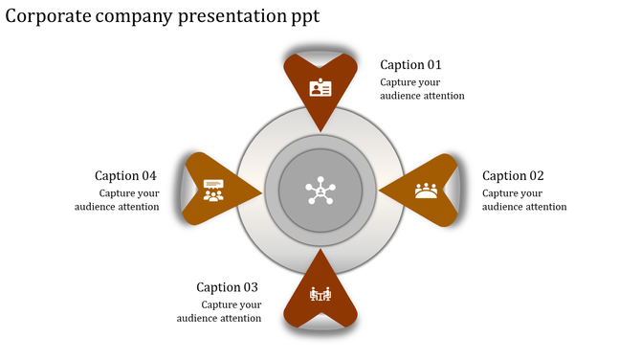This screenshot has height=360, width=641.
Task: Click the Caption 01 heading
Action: click(410, 65)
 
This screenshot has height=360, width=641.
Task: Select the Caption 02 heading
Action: click(513, 176)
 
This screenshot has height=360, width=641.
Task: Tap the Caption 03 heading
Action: click(227, 287)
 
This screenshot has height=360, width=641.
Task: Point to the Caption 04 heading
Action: click(125, 176)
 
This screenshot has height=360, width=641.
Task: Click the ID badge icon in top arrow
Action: click(320, 88)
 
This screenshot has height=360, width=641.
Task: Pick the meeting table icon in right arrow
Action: click(427, 191)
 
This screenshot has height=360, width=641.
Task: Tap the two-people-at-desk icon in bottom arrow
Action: click(320, 294)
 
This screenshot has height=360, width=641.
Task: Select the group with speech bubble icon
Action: click(213, 191)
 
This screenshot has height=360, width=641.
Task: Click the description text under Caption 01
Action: click(422, 89)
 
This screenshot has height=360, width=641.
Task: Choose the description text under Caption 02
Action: click(524, 200)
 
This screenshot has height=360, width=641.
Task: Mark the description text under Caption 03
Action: click(219, 311)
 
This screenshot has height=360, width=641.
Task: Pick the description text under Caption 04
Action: click(118, 200)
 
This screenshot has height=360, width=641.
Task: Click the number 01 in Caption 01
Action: click(433, 65)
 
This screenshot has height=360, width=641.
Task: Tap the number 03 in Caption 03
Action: click(249, 287)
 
